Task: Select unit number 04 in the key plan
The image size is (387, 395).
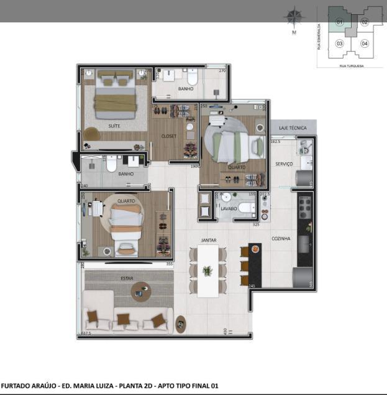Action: tap(365, 44)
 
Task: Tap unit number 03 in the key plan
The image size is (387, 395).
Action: tap(339, 44)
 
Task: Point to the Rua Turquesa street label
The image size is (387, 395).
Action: tap(352, 65)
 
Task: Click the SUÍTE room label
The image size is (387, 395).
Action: tap(114, 126)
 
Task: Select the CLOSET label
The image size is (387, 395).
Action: tap(168, 136)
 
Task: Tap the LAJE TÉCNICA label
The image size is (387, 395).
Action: tap(293, 128)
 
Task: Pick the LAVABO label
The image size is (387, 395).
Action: tap(228, 209)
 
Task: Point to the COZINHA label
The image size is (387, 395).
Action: tap(281, 238)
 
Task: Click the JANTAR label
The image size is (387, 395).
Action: tap(208, 239)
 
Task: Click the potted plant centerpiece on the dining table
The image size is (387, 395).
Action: tap(207, 270)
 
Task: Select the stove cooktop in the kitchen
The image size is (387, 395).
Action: tap(305, 205)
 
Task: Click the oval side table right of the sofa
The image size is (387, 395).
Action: tap(181, 323)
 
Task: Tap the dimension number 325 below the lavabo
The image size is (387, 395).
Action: tap(255, 224)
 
